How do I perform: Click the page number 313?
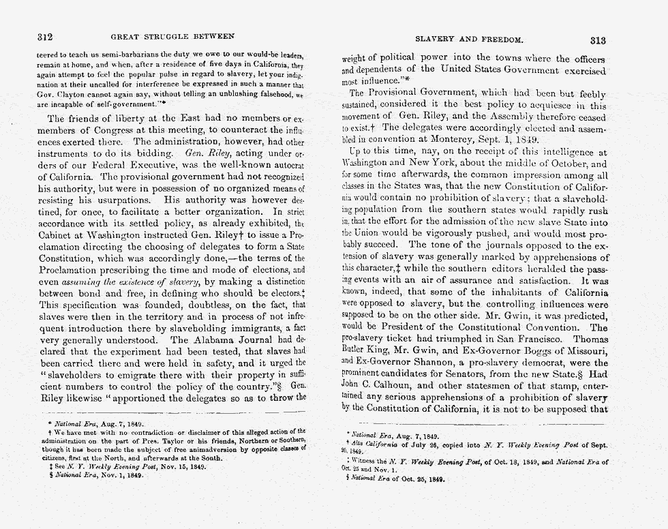[x=598, y=40]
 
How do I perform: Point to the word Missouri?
[x=586, y=350]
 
